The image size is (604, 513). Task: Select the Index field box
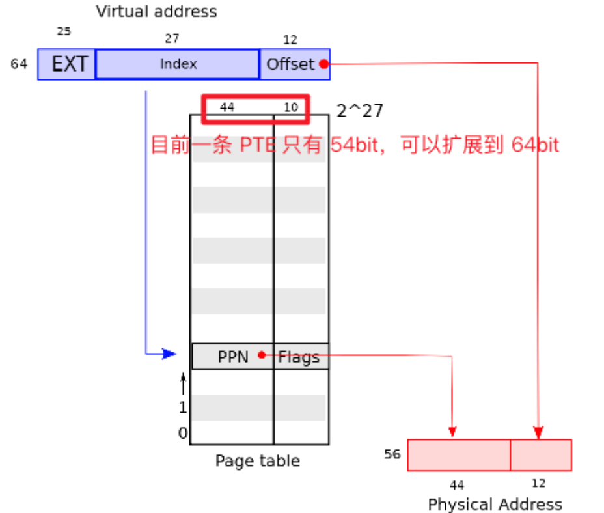178,64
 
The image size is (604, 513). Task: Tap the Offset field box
291,64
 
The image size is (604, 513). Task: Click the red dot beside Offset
323,64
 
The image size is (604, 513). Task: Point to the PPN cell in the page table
233,356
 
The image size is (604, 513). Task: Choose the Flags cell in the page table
300,356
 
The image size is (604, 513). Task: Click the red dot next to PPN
262,355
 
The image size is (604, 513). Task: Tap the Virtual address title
156,11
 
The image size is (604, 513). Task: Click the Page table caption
258,461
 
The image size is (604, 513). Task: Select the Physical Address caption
495,504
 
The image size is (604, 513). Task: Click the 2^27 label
360,111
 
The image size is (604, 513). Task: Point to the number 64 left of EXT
19,64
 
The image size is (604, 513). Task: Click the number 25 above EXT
64,31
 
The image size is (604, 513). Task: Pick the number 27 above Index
172,39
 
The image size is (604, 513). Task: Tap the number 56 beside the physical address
392,454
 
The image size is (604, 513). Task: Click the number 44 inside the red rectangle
227,107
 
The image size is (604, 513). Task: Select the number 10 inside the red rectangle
291,107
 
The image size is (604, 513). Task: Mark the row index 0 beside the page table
183,433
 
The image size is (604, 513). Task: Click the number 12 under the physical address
538,484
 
